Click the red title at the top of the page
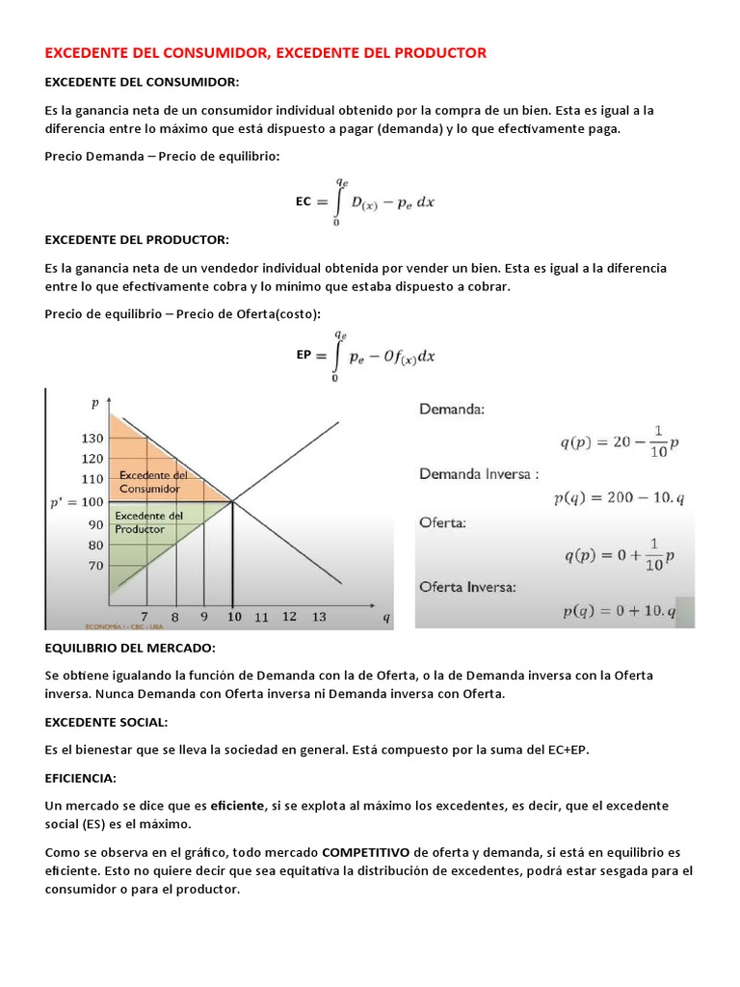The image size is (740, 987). coord(266,53)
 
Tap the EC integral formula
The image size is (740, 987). coord(365,202)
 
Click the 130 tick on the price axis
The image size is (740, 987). coord(92,438)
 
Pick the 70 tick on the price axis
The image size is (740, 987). coord(95,566)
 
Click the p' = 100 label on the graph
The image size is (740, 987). coord(75,502)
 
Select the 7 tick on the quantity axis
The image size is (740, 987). coord(145,616)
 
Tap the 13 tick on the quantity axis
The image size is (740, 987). coord(319,617)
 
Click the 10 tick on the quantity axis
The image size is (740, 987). coord(233,616)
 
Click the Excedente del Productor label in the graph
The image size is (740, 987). coord(148,522)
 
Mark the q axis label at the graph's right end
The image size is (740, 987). coord(386,619)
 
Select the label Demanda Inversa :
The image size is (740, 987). coord(479,474)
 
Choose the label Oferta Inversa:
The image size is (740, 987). coord(467,586)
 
